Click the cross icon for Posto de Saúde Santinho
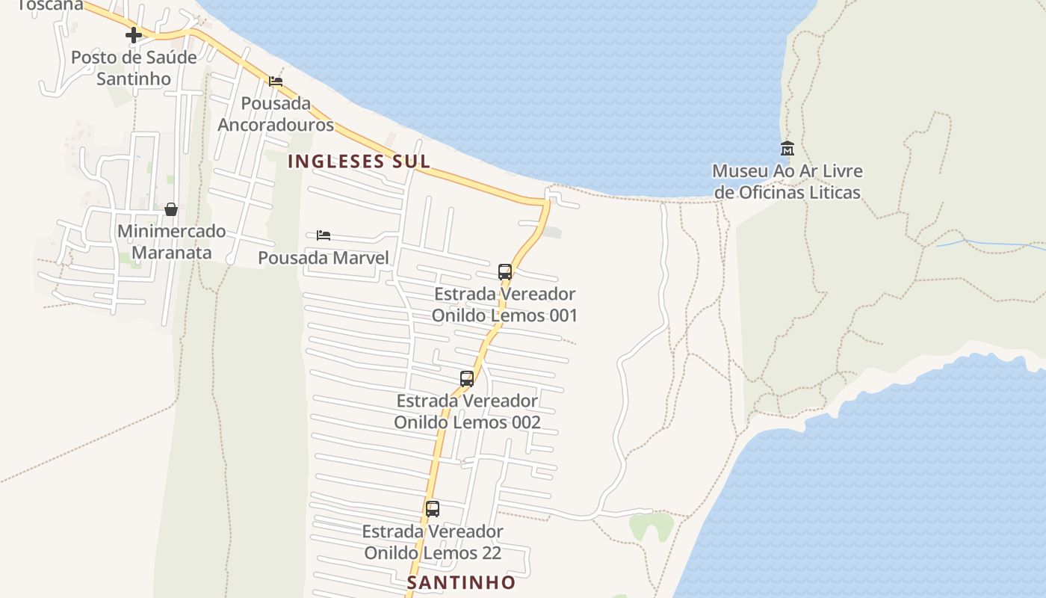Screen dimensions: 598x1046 (x=134, y=35)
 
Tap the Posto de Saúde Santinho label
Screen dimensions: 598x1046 (x=134, y=68)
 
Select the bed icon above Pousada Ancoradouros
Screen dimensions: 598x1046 (x=276, y=81)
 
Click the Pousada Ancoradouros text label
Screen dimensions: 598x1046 (x=276, y=114)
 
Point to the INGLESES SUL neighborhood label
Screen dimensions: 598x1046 (x=359, y=161)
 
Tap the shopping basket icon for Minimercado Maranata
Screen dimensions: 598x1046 (x=171, y=209)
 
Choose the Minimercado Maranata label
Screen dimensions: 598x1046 (x=171, y=241)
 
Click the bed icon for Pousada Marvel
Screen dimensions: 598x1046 (x=324, y=235)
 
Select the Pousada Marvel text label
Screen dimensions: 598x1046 (x=324, y=258)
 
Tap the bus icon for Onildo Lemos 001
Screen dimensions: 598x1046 (x=505, y=271)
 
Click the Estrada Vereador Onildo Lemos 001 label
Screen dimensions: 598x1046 (x=505, y=304)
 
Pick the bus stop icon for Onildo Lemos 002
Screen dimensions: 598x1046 (x=467, y=379)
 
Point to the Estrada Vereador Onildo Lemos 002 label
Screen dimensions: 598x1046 (x=467, y=411)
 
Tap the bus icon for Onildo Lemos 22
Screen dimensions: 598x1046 (x=433, y=509)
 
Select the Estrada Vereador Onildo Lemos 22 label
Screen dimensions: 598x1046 (x=433, y=542)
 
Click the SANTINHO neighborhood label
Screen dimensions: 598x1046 (x=461, y=582)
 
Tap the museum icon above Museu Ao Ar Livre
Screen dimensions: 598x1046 (x=787, y=148)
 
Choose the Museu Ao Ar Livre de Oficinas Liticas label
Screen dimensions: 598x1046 (x=787, y=182)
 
